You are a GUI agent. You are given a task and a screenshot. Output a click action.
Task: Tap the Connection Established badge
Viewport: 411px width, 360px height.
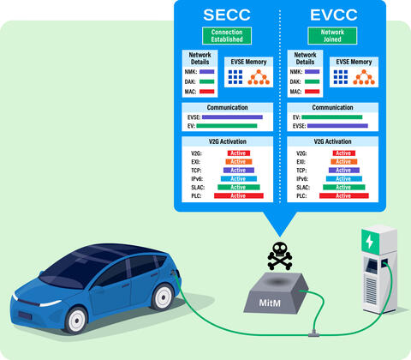(x=228, y=36)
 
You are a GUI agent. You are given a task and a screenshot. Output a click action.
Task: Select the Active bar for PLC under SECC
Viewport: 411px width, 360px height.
(x=237, y=195)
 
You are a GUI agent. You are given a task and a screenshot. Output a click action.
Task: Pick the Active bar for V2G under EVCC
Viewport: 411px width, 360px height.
(x=343, y=153)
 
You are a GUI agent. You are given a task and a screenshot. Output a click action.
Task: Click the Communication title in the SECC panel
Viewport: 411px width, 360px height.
(x=228, y=108)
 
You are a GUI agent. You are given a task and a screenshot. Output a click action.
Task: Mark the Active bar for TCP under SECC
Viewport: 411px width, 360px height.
(x=237, y=170)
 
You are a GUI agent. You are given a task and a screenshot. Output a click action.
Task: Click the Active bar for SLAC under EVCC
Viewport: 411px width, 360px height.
(x=343, y=187)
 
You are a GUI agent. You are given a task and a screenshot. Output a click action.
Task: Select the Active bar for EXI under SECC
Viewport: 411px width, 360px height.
(x=237, y=161)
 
